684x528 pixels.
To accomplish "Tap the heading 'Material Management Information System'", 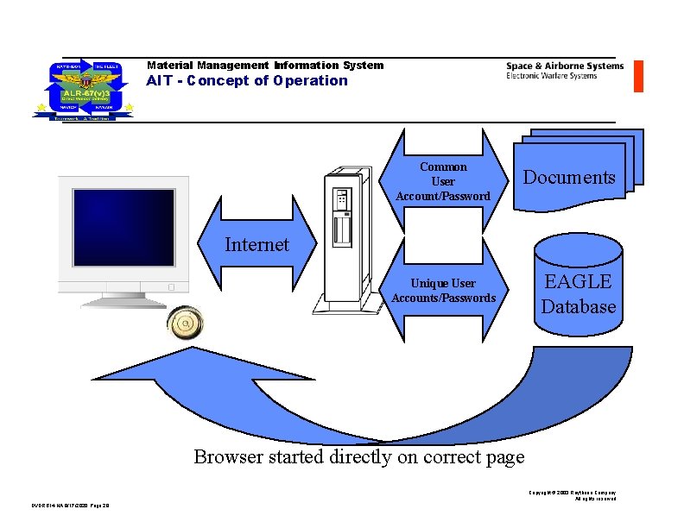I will [265, 66].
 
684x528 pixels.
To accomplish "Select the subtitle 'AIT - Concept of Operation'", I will [247, 81].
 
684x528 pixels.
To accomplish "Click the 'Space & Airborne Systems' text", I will [564, 66].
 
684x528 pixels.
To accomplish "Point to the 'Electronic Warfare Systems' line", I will [551, 76].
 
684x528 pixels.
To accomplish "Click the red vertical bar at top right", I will [638, 76].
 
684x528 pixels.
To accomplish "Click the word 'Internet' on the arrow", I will [256, 245].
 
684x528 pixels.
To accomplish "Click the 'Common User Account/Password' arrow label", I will [443, 181].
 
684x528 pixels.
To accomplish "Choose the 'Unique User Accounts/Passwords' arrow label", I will [443, 291].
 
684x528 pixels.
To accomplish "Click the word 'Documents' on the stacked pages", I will [569, 178].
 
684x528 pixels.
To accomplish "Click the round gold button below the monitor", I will [184, 324].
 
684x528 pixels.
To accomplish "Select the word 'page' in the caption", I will [505, 456].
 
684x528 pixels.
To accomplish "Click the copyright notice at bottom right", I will [573, 495].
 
